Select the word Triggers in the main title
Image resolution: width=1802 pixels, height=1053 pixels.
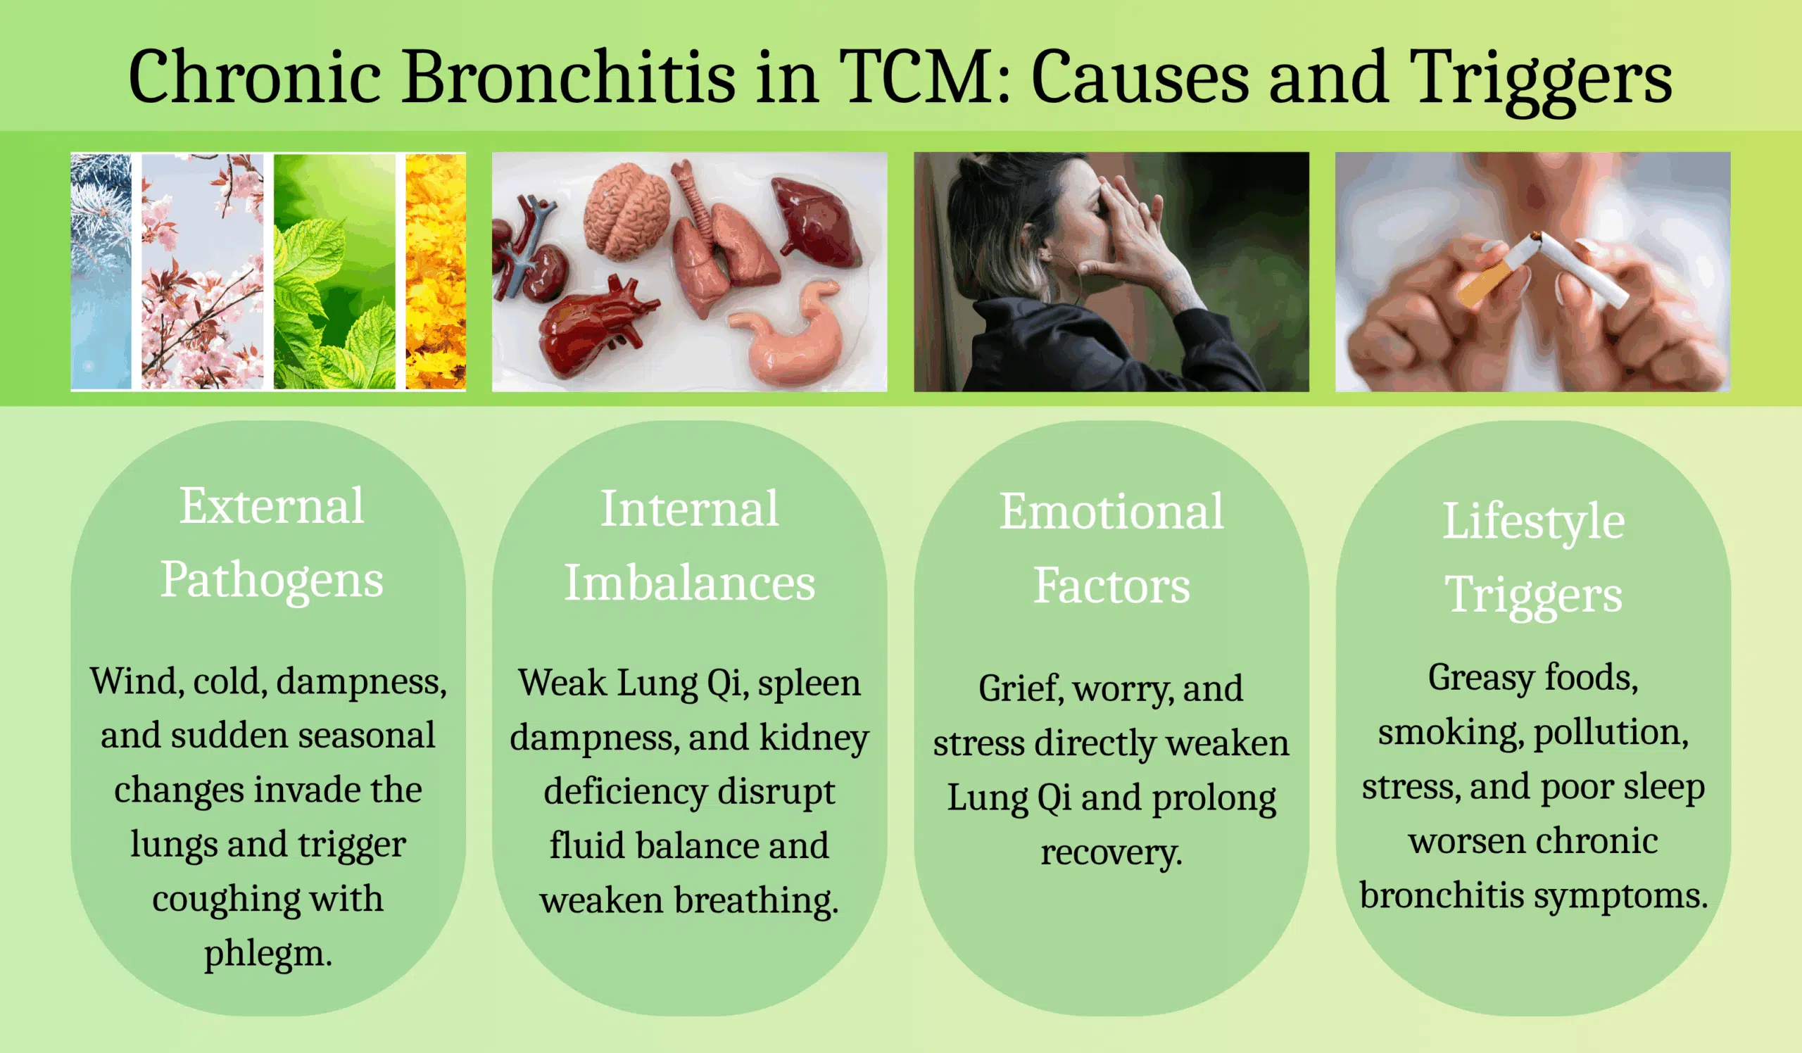(x=1541, y=80)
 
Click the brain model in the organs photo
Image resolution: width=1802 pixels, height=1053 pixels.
(x=626, y=210)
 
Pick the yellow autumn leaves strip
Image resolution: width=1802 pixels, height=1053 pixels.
(x=436, y=272)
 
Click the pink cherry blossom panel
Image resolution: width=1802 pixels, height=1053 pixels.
(x=202, y=272)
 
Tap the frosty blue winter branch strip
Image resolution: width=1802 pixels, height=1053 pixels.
(x=101, y=272)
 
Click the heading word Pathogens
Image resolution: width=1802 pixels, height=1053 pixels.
(x=272, y=580)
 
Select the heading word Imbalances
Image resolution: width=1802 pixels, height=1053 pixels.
(x=689, y=583)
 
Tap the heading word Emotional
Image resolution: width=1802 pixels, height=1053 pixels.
(x=1111, y=511)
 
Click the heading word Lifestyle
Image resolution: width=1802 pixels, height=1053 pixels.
(x=1533, y=522)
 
